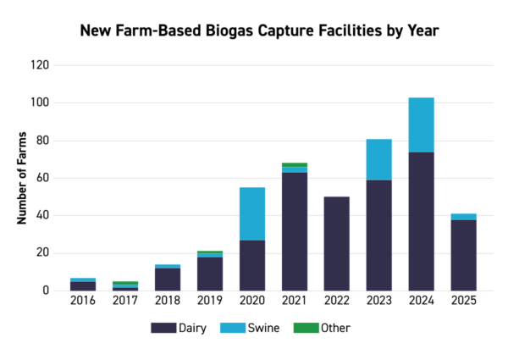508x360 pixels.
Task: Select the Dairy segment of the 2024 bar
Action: tap(422, 221)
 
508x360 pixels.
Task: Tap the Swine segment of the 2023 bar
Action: tap(379, 159)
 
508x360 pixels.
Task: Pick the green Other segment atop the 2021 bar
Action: tap(295, 164)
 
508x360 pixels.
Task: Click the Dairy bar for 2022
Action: tap(337, 243)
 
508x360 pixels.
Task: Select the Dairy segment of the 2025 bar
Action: tap(464, 255)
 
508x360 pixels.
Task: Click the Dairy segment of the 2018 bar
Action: tap(168, 279)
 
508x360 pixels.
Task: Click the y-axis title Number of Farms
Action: tap(23, 178)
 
